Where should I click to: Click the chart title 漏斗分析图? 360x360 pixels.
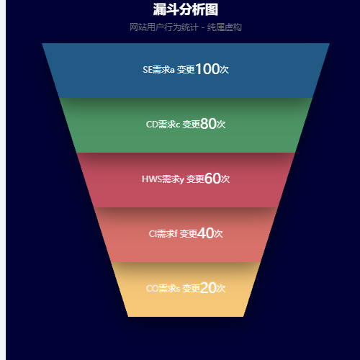(x=186, y=9)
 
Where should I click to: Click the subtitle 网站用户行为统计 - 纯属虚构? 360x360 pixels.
(x=186, y=27)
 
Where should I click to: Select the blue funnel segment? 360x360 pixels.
(x=186, y=71)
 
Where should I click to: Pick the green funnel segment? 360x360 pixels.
(x=186, y=125)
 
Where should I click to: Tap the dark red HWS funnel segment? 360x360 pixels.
(x=186, y=180)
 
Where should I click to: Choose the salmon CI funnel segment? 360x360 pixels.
(x=186, y=235)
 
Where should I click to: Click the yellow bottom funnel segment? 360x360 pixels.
(x=186, y=289)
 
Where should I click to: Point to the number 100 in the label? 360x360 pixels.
(x=207, y=69)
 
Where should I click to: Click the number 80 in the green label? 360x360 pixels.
(x=208, y=124)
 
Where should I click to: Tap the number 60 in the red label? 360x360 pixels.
(x=212, y=179)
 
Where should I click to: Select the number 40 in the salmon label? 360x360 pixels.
(x=205, y=233)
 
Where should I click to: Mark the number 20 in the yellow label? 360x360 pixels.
(x=208, y=288)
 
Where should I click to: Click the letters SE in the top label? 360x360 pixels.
(x=148, y=70)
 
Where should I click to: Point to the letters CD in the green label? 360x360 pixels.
(x=152, y=125)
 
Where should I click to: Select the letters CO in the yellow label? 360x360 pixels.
(x=152, y=289)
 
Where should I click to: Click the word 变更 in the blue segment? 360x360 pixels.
(x=186, y=70)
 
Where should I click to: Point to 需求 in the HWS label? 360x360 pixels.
(x=171, y=179)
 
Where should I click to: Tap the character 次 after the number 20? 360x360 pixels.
(x=221, y=289)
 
